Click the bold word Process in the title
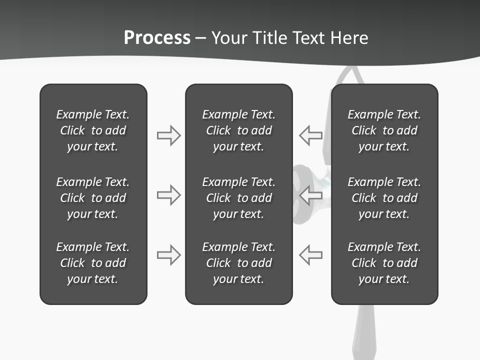157,38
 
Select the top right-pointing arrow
168,135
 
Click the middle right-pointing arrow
168,195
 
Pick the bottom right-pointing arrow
168,255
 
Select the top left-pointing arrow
310,135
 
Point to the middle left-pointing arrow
310,195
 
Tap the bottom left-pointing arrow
310,255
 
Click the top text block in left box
93,130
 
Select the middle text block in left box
93,198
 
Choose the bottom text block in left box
93,263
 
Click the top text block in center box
238,130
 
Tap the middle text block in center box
238,198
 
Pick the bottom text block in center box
238,263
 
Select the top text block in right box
384,130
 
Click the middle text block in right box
384,198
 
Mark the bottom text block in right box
384,263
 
